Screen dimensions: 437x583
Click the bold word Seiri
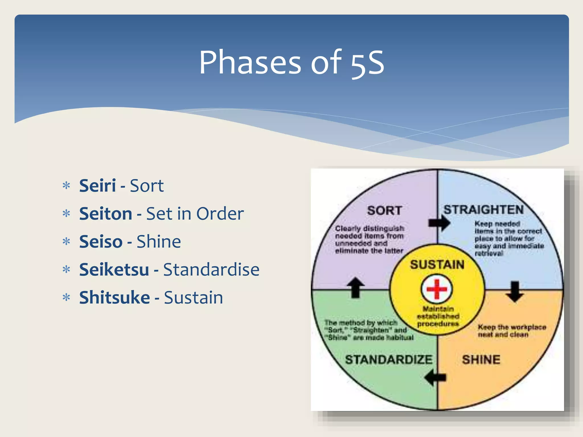(x=97, y=186)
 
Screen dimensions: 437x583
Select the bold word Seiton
(x=105, y=214)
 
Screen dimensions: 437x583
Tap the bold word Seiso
(x=101, y=242)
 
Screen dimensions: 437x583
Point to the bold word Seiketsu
(x=114, y=269)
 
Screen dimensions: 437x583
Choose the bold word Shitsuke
(x=114, y=297)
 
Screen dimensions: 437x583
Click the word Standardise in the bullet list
(x=211, y=269)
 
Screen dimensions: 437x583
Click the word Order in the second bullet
(x=220, y=214)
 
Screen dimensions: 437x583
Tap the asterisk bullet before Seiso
(x=66, y=242)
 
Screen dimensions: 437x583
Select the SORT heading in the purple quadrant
(x=384, y=211)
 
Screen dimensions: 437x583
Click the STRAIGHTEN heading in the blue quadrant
(x=484, y=210)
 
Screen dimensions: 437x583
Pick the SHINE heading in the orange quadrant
(x=481, y=360)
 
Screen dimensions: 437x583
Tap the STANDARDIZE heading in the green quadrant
(x=389, y=360)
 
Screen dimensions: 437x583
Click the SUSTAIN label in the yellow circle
(x=437, y=265)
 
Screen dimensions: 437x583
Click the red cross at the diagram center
(x=437, y=289)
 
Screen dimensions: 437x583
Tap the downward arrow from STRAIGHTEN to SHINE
(x=515, y=291)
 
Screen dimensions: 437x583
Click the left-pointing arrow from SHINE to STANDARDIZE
(x=435, y=378)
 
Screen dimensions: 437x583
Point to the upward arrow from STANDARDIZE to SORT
(x=356, y=287)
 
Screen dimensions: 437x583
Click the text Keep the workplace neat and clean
(x=512, y=331)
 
